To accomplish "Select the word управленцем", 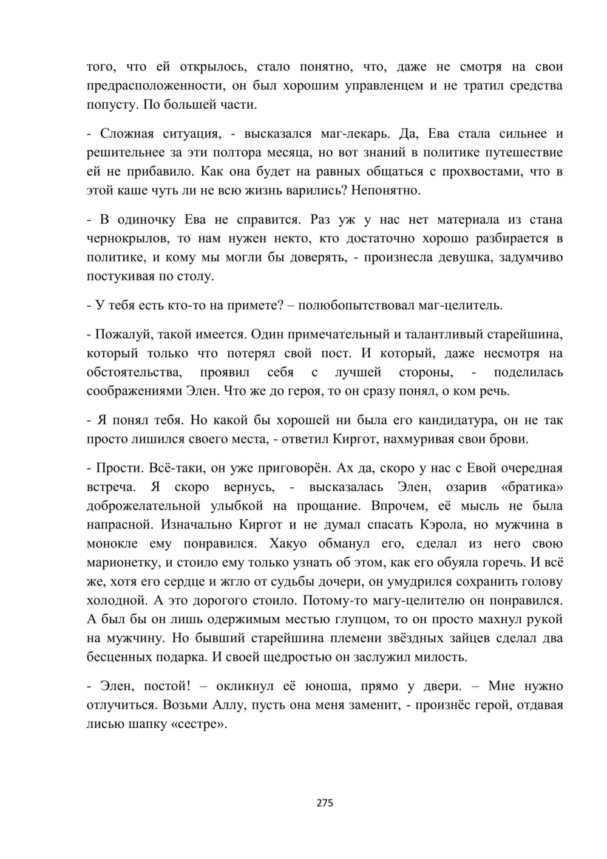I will (384, 86).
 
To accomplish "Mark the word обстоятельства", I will (135, 372).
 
